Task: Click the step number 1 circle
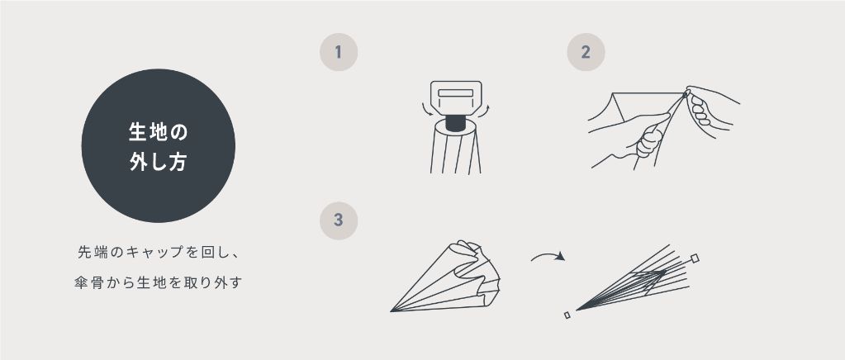[339, 52]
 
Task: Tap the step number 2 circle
[586, 52]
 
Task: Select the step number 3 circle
[339, 220]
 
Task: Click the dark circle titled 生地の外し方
[159, 145]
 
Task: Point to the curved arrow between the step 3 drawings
[547, 254]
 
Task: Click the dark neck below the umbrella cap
[456, 123]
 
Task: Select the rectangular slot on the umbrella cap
[455, 92]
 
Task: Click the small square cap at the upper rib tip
[695, 258]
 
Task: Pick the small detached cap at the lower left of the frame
[567, 315]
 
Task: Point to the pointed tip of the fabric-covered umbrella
[392, 310]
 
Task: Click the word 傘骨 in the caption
[88, 282]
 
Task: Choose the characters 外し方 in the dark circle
[159, 162]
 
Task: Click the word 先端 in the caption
[92, 252]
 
